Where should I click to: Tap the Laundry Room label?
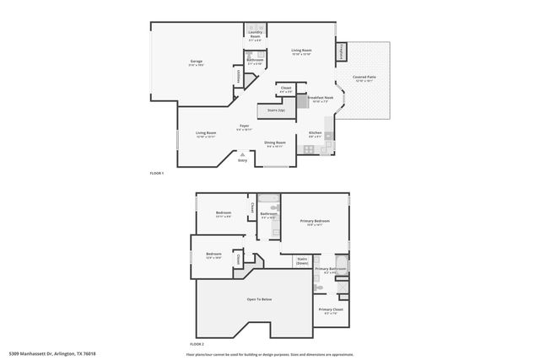pyautogui.click(x=255, y=35)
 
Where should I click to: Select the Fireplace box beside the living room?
pyautogui.click(x=342, y=51)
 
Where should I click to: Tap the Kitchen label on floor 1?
pyautogui.click(x=315, y=134)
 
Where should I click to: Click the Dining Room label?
pyautogui.click(x=275, y=143)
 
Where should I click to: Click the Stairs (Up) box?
pyautogui.click(x=276, y=110)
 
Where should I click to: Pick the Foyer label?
pyautogui.click(x=243, y=128)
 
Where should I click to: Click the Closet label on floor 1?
pyautogui.click(x=286, y=89)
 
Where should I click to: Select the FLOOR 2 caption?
pyautogui.click(x=197, y=345)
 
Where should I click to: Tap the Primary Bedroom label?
pyautogui.click(x=315, y=223)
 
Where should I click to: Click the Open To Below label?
pyautogui.click(x=259, y=299)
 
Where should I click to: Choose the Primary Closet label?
pyautogui.click(x=331, y=311)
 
